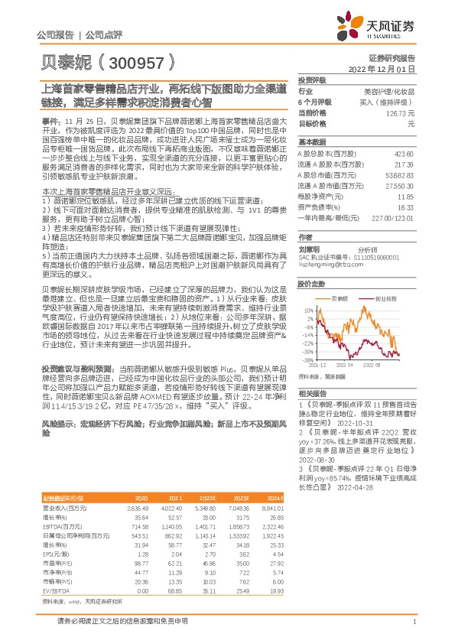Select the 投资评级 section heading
(312, 80)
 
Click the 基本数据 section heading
(312, 142)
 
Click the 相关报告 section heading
(312, 390)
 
